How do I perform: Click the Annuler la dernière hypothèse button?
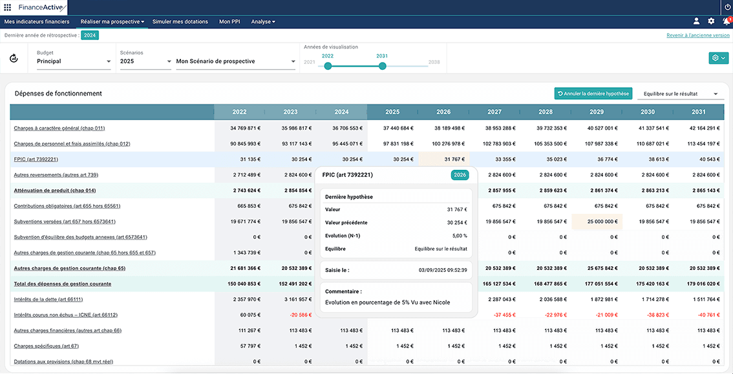click(x=593, y=94)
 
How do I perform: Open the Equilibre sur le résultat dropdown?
click(x=680, y=94)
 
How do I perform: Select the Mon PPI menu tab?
click(x=229, y=21)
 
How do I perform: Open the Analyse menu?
click(x=262, y=21)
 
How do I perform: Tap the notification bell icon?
click(x=726, y=21)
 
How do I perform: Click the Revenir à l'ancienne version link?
click(x=697, y=35)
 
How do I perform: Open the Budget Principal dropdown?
click(x=74, y=61)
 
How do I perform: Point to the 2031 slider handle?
click(x=383, y=67)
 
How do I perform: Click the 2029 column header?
click(x=597, y=112)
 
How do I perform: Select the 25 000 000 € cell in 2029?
click(x=597, y=222)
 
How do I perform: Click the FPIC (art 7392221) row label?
click(x=36, y=159)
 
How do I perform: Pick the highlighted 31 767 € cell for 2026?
click(x=443, y=159)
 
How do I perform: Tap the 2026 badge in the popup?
click(x=460, y=175)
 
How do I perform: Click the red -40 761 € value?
click(x=706, y=315)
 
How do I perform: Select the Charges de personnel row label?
click(x=66, y=143)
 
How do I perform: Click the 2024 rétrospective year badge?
click(x=90, y=35)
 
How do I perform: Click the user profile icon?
click(x=697, y=21)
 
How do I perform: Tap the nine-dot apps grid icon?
click(x=8, y=8)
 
